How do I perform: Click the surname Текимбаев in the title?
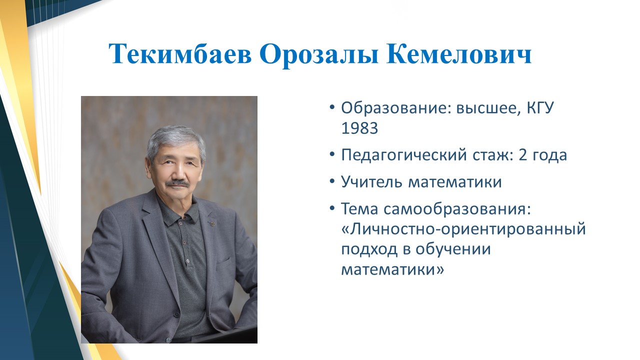click(x=180, y=53)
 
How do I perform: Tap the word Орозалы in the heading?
click(x=319, y=55)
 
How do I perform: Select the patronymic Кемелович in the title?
click(x=459, y=53)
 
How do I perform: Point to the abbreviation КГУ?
click(x=540, y=108)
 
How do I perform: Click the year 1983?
click(x=359, y=128)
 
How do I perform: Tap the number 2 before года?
click(x=522, y=154)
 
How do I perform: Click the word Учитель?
click(x=372, y=181)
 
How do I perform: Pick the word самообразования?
click(x=457, y=209)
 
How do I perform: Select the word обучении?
click(x=453, y=249)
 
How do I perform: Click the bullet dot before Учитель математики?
click(x=331, y=181)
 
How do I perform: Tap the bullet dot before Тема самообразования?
click(x=331, y=208)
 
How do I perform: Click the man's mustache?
click(x=178, y=183)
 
